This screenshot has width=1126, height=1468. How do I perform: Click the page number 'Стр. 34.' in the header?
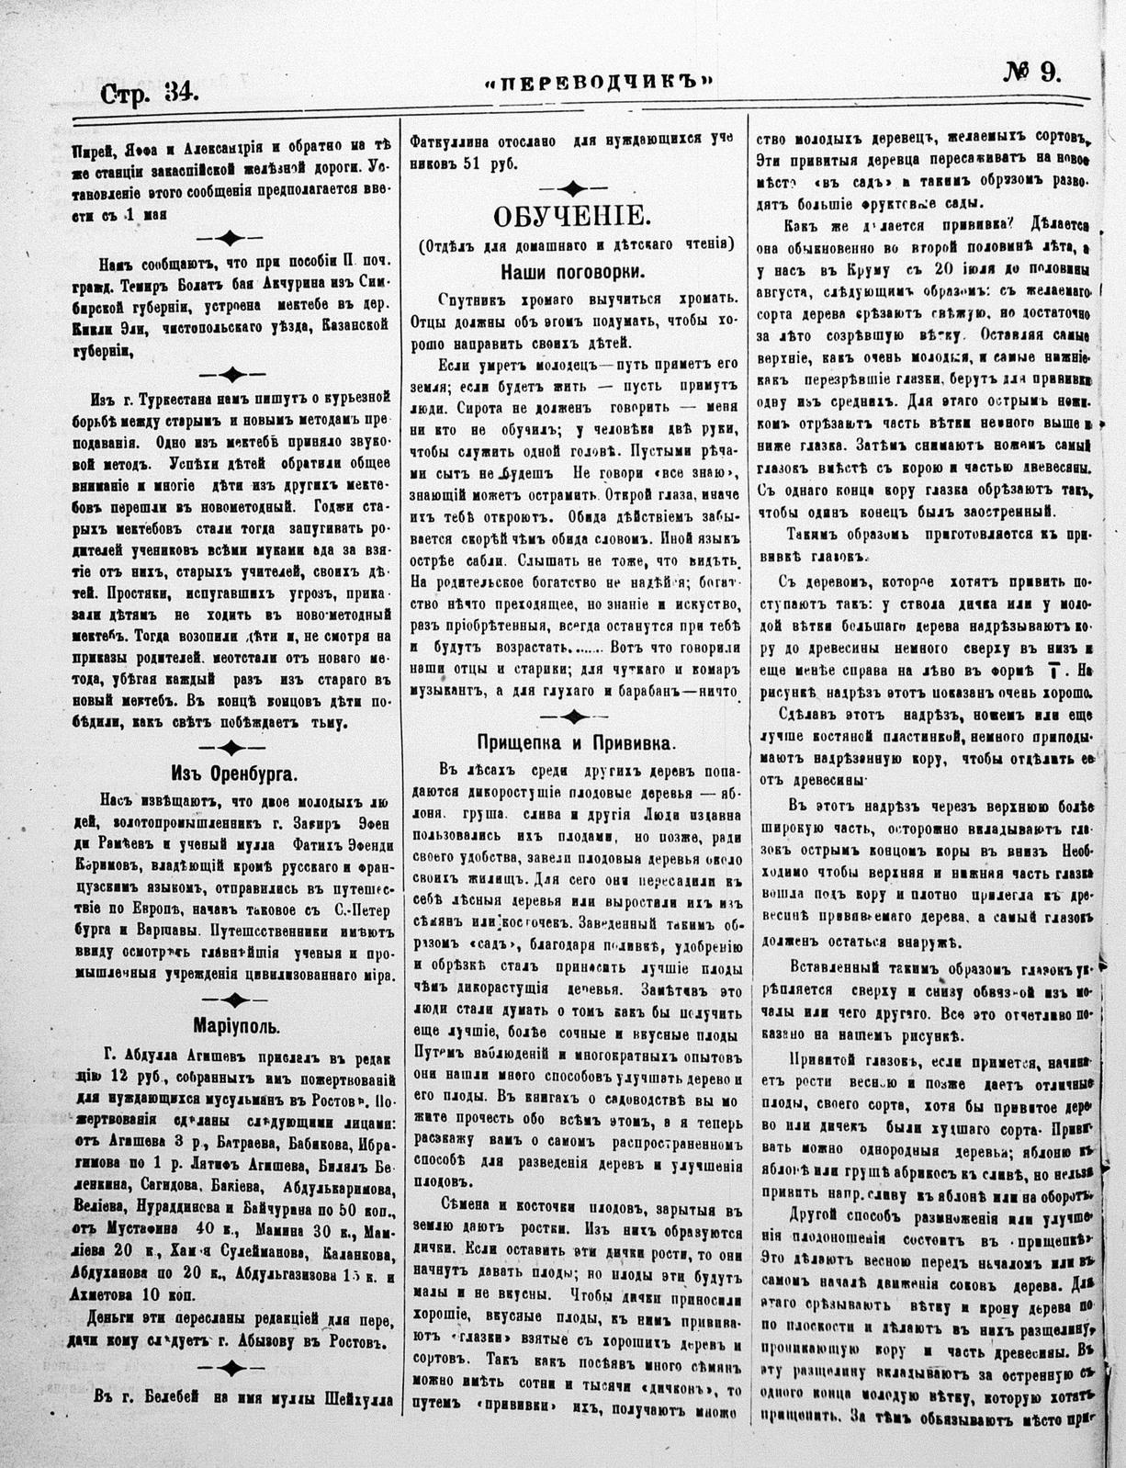[x=149, y=93]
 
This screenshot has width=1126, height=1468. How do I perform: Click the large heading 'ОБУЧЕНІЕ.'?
[x=571, y=218]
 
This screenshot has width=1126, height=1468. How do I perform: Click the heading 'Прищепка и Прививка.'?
[x=576, y=741]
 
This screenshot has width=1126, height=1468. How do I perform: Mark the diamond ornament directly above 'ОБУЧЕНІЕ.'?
[x=571, y=187]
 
